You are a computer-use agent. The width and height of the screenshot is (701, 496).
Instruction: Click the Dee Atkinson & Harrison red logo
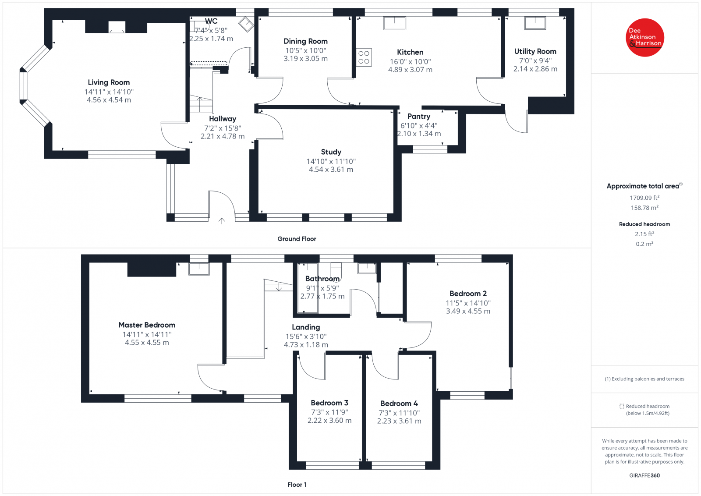click(x=645, y=38)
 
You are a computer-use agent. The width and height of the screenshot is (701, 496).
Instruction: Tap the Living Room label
click(x=109, y=82)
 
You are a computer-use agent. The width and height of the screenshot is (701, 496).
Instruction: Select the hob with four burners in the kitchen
click(x=364, y=57)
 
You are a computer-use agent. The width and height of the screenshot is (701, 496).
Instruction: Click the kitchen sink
click(x=394, y=23)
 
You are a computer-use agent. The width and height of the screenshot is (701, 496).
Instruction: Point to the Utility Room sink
click(x=535, y=23)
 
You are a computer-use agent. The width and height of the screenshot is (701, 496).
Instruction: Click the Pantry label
click(x=418, y=116)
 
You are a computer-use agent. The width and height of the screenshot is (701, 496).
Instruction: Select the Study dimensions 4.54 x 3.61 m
click(x=331, y=170)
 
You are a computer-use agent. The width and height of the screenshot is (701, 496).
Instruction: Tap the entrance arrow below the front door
click(x=222, y=221)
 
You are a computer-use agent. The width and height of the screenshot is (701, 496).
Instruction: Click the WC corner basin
click(x=246, y=24)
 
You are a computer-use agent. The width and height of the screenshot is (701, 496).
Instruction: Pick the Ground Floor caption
click(x=297, y=239)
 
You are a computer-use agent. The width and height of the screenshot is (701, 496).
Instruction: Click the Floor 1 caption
click(x=297, y=485)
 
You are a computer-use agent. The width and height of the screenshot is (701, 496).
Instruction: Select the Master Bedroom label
click(x=147, y=325)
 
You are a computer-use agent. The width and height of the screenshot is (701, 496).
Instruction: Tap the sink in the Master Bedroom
click(x=199, y=268)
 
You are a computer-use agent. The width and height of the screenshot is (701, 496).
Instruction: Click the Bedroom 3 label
click(x=329, y=403)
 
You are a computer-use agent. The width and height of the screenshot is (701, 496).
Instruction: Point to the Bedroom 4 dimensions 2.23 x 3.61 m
click(x=399, y=421)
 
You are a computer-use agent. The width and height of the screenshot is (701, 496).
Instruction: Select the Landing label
click(x=306, y=327)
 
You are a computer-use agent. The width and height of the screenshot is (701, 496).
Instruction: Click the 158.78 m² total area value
click(x=644, y=208)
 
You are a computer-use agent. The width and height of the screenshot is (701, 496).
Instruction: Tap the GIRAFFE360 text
click(x=644, y=475)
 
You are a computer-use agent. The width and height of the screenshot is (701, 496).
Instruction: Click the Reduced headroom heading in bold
click(x=644, y=224)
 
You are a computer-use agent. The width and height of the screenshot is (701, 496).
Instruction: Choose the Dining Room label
click(x=305, y=41)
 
